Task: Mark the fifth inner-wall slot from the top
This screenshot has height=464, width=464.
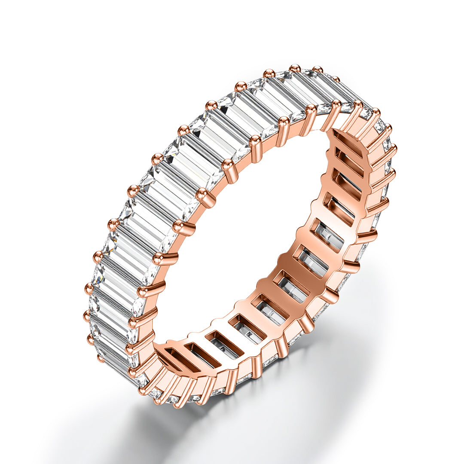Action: click(x=329, y=235)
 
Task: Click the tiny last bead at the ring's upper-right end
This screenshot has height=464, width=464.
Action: click(x=336, y=79)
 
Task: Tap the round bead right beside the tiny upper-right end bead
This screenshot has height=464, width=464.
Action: click(x=317, y=69)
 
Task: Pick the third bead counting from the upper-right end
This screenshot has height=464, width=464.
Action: click(x=295, y=68)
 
